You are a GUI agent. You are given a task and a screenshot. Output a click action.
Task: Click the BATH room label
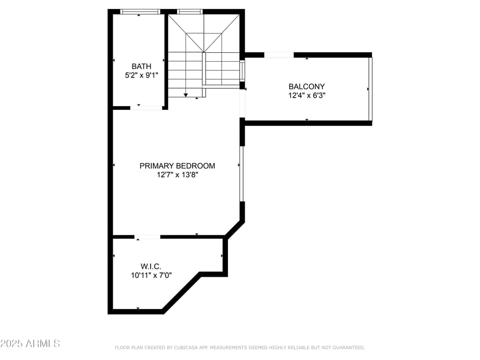click(142, 67)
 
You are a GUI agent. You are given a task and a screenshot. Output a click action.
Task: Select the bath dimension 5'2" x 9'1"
click(142, 76)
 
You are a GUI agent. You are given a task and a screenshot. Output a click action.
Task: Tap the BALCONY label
click(307, 86)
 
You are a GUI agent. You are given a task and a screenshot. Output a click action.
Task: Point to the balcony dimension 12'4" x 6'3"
click(307, 95)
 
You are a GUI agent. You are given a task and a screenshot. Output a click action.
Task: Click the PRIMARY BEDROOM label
click(177, 166)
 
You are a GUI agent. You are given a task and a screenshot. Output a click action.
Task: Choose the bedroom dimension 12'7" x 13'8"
click(177, 175)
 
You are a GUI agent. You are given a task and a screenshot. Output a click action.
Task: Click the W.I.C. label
click(151, 266)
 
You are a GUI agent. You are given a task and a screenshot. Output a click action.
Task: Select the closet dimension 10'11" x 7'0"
click(151, 275)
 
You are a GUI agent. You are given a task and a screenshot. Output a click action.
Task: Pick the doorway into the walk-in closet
click(147, 237)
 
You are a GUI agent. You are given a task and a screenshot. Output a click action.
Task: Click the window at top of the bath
click(140, 11)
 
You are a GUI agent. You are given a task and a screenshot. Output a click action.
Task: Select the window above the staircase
click(190, 11)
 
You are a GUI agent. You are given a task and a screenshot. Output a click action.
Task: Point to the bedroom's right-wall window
click(242, 173)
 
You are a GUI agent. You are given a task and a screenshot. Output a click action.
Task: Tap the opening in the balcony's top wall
click(279, 55)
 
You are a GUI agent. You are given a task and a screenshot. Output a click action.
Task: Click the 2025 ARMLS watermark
click(30, 344)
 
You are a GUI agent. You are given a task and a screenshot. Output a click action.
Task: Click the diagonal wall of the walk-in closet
click(181, 293)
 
